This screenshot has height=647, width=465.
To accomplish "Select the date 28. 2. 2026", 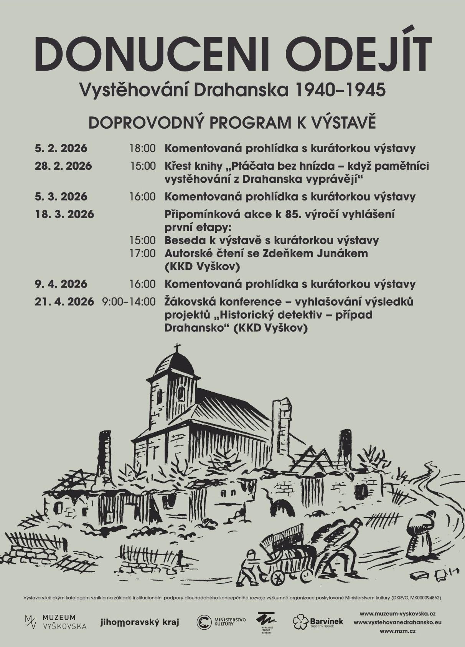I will click(x=63, y=166).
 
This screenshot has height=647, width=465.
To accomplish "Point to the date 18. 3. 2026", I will click(x=64, y=214).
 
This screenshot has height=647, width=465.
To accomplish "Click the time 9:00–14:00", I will click(x=129, y=302).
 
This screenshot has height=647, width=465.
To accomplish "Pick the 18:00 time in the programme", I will click(x=143, y=148).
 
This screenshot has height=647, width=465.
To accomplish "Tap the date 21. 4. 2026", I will click(x=64, y=302).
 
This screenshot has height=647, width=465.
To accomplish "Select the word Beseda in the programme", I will click(x=186, y=240).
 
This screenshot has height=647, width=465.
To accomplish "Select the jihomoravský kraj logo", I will click(x=140, y=622).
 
